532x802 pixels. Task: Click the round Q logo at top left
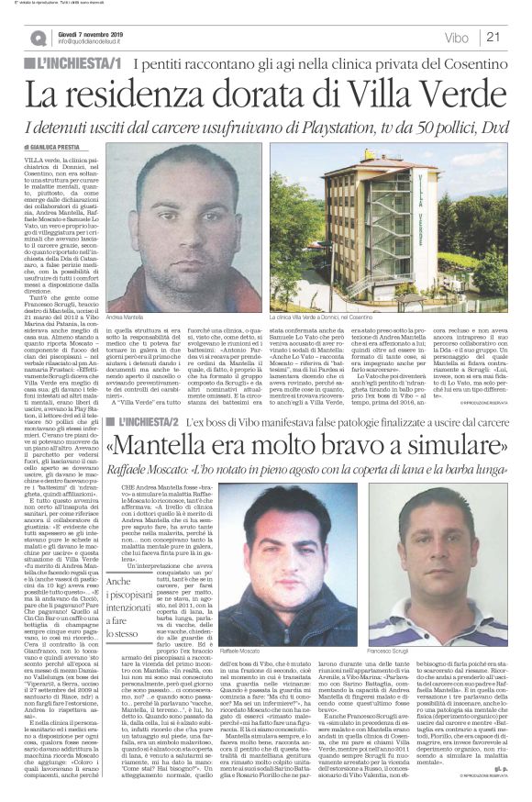(x=38, y=38)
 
